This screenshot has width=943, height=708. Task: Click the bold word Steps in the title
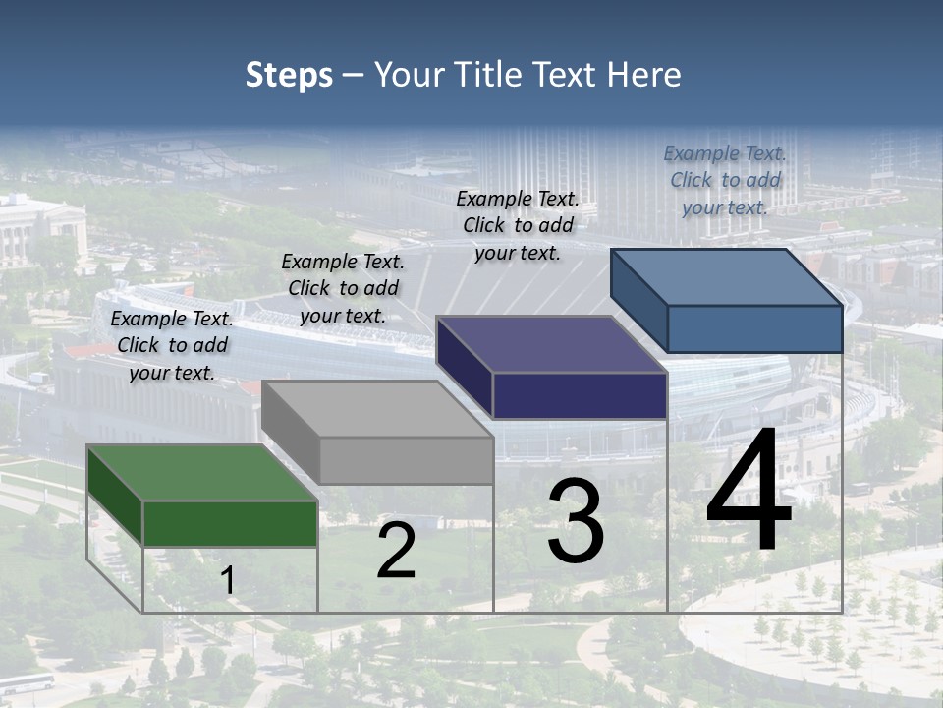(289, 75)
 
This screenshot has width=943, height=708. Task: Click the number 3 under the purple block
(576, 521)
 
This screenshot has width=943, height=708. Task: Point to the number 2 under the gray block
(396, 552)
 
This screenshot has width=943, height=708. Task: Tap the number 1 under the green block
(228, 581)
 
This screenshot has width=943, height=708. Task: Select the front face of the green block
(230, 523)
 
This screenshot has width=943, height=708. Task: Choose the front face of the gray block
(406, 460)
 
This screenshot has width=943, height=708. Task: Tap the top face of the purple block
(551, 344)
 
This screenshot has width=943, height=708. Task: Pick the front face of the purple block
(580, 395)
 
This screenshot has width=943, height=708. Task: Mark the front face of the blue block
(754, 328)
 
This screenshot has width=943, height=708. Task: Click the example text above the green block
(172, 345)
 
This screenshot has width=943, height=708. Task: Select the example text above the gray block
(343, 288)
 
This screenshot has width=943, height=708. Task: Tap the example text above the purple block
(518, 225)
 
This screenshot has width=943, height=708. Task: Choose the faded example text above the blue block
(725, 180)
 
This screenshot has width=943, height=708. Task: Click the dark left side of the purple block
(464, 367)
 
